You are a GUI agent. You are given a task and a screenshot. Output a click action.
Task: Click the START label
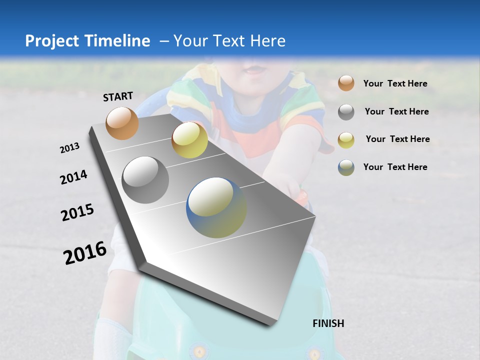click(118, 96)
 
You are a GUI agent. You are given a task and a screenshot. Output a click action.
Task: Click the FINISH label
click(328, 323)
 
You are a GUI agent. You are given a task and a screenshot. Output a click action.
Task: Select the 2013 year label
click(70, 148)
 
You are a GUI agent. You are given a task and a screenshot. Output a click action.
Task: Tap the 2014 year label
click(74, 177)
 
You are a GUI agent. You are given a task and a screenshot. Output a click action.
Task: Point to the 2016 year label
click(85, 253)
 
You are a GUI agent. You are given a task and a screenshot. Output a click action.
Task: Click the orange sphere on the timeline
click(122, 123)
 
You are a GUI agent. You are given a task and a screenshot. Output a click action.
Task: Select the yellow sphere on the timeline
click(189, 140)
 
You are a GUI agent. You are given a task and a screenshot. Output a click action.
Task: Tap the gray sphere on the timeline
click(145, 180)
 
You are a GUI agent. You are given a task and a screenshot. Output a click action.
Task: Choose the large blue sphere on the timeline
click(216, 207)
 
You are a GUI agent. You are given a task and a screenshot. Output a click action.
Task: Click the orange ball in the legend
click(346, 83)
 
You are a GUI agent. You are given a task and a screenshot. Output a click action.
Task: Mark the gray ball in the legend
click(346, 112)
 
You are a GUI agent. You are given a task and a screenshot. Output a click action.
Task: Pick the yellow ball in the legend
click(346, 139)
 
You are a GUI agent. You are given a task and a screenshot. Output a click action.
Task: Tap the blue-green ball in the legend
click(346, 167)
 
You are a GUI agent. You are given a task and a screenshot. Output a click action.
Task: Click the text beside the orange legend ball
click(395, 84)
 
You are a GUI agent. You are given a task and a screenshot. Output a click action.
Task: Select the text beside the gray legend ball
click(396, 111)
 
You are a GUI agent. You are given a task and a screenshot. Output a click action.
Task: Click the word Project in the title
click(52, 41)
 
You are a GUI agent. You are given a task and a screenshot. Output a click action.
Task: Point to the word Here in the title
click(267, 41)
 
